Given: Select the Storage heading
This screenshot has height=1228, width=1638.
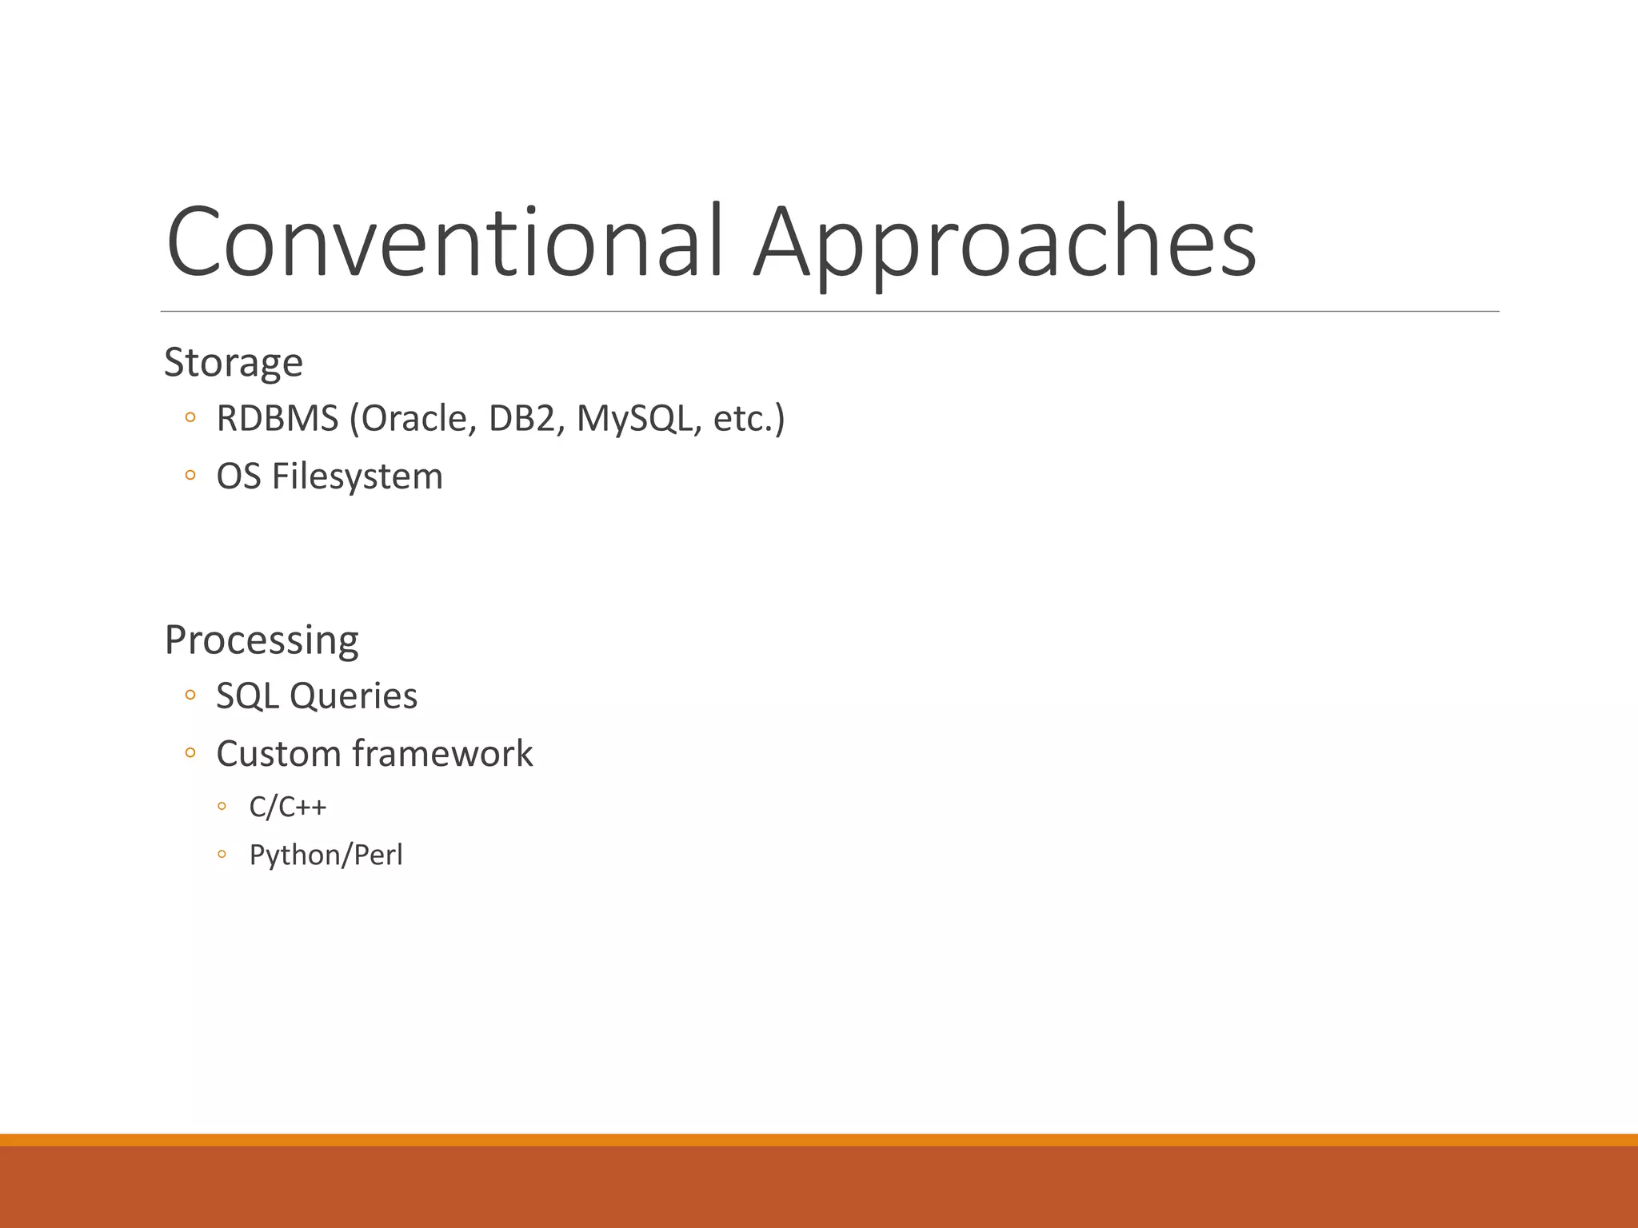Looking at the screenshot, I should pos(234,363).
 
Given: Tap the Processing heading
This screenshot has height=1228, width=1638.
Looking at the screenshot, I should pos(262,640).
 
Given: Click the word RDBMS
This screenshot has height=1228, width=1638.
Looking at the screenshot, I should pos(278,418).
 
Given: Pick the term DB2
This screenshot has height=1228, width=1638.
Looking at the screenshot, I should pos(521,418).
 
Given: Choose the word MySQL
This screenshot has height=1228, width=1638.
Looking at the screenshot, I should pos(635,418).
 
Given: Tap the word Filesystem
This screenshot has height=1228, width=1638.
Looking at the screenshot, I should pos(357,476).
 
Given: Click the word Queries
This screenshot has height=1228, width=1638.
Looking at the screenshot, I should pos(353,696).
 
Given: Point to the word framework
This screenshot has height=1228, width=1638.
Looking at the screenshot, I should pos(442,753).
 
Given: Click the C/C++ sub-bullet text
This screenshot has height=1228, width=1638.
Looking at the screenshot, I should pos(288,807).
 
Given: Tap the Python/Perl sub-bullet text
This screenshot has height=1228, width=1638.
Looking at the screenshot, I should pos(326,855).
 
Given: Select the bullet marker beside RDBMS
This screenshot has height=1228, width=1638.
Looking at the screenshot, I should pos(190,418).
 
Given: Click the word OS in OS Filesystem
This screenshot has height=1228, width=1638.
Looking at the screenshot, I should pos(238,476).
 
